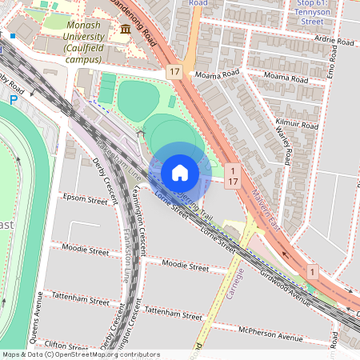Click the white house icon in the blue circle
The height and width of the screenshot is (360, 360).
(179, 172)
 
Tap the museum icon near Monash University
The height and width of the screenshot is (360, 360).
(125, 30)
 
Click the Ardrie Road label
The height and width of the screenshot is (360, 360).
(334, 41)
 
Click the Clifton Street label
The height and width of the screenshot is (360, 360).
(69, 347)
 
